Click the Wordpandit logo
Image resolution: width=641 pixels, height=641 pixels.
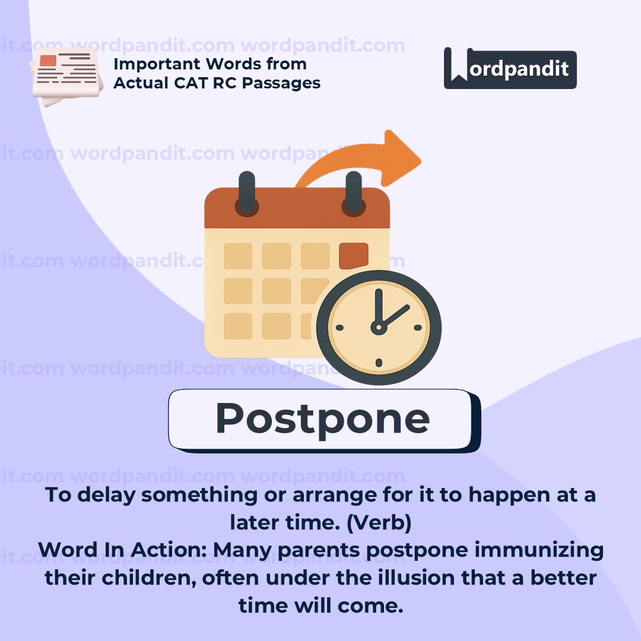coord(510,69)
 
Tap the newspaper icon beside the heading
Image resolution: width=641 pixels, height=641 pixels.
coord(65,75)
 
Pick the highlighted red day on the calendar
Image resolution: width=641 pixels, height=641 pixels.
coord(353,256)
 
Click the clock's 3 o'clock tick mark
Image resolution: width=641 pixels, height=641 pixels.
coord(417,327)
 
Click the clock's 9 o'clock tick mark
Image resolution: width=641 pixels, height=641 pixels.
coord(339,327)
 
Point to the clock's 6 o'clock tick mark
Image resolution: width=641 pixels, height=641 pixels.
coord(378,363)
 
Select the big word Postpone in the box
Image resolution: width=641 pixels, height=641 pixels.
coord(322,418)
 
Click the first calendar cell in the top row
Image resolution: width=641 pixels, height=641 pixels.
coord(238,256)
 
